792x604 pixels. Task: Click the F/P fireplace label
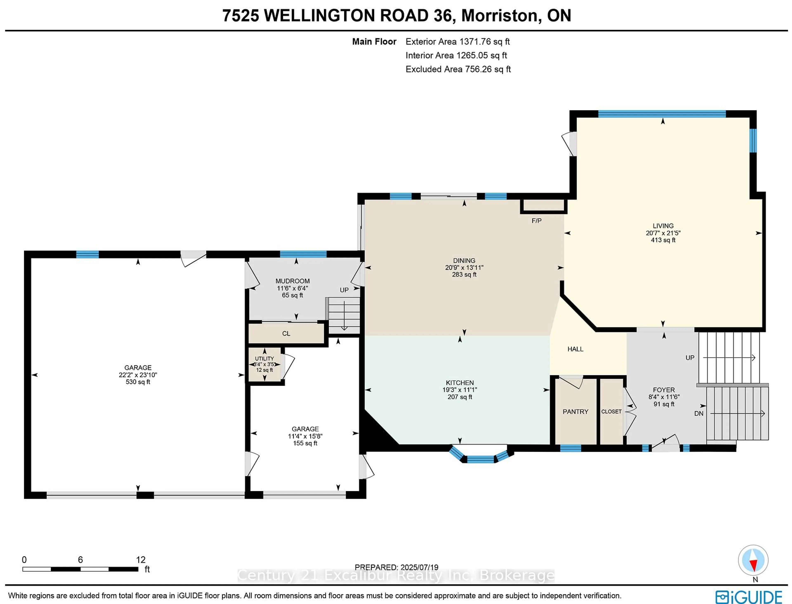tap(536, 221)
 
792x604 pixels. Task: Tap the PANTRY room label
tap(575, 412)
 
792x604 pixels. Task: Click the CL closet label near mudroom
tap(286, 334)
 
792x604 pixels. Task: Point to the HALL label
tap(575, 349)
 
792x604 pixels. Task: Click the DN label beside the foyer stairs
tap(699, 413)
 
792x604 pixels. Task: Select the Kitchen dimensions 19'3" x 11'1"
tap(460, 390)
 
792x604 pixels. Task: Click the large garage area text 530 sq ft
tap(138, 382)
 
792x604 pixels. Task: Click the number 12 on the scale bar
tap(141, 560)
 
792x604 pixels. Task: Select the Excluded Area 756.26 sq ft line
tap(458, 69)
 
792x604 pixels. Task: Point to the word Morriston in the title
tap(500, 15)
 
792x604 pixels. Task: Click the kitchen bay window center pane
tap(480, 459)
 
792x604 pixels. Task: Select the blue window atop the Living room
tap(662, 114)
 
